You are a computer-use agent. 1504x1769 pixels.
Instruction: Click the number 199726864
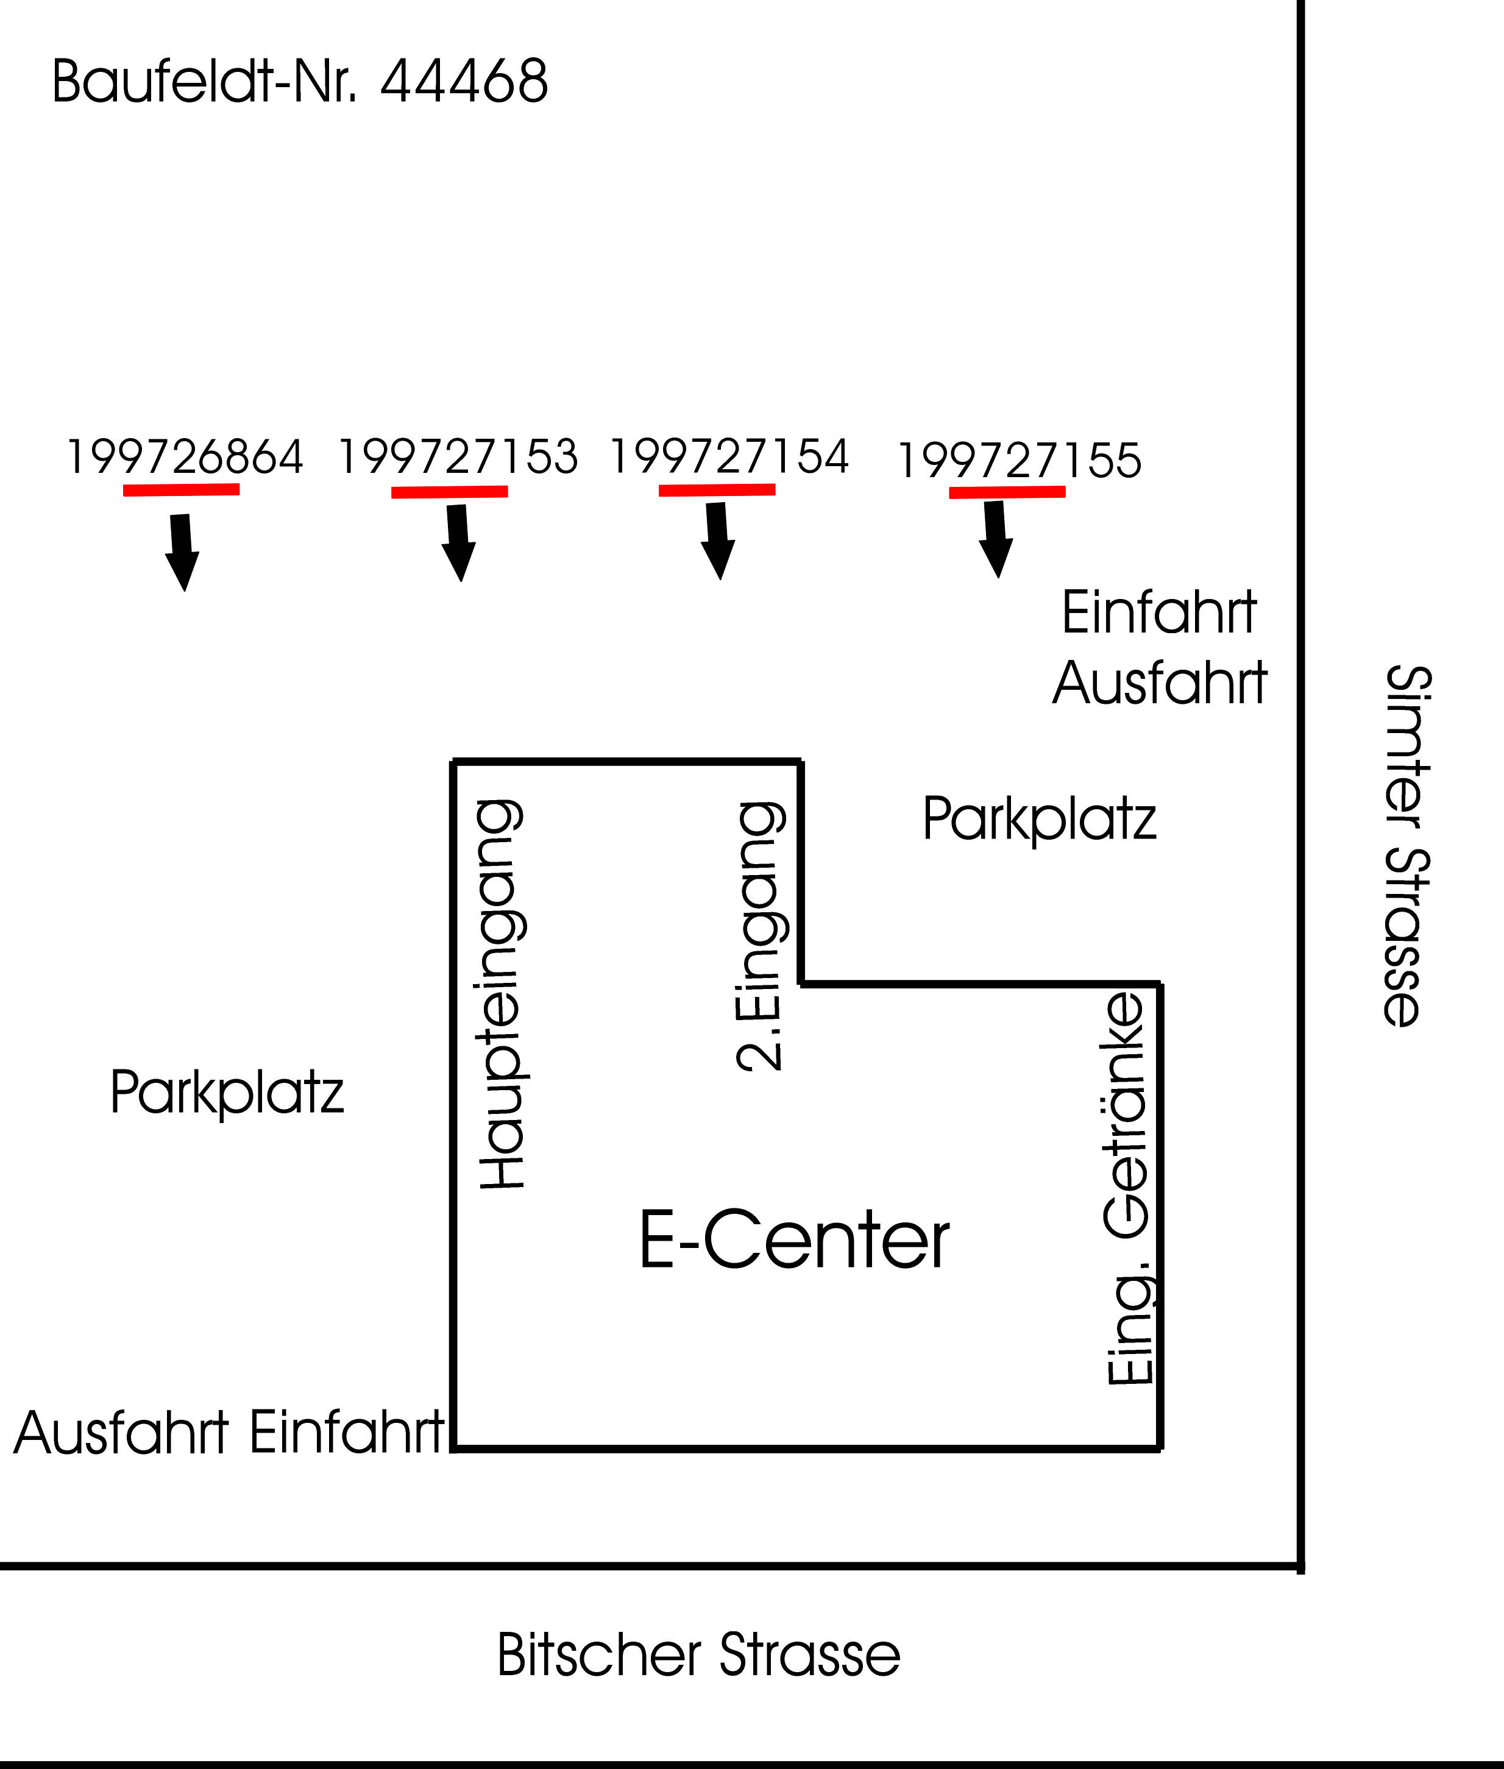coord(184,457)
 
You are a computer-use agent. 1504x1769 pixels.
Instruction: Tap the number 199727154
coord(729,456)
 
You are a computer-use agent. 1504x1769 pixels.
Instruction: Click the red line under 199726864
coord(181,489)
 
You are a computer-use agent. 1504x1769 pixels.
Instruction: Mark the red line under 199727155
coord(1007,492)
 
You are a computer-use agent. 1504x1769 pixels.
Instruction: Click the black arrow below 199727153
coord(459,542)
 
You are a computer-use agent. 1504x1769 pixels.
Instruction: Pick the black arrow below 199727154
coord(718,541)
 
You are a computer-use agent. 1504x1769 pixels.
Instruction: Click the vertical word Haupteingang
coord(502,994)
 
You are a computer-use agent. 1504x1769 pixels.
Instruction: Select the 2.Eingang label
coord(759,936)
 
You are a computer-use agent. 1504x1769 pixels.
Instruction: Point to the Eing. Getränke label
coord(1127,1189)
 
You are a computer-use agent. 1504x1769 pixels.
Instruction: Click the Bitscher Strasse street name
coord(698,1655)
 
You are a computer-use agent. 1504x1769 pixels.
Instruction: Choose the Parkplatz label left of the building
coord(227,1092)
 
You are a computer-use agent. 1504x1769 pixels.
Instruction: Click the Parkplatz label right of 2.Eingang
coord(1039,819)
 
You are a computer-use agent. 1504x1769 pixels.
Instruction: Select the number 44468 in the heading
coord(464,82)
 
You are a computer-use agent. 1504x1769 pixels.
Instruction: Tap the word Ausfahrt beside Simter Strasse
coord(1160,683)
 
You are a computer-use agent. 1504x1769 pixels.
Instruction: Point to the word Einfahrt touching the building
coord(347,1431)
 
